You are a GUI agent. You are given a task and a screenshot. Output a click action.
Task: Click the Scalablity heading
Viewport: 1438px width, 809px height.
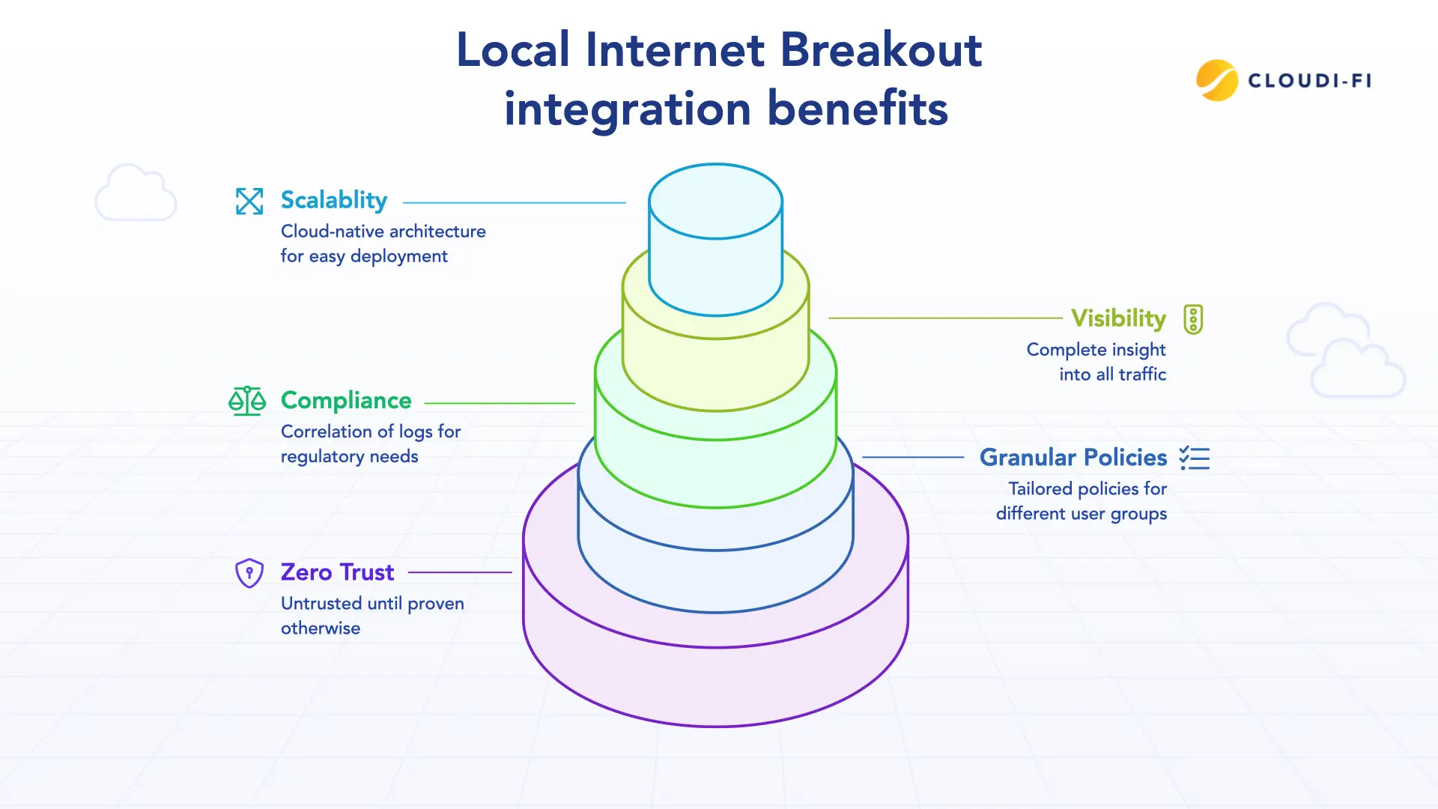coord(334,201)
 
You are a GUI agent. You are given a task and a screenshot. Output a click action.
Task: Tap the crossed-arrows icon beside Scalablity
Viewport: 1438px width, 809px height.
coord(249,201)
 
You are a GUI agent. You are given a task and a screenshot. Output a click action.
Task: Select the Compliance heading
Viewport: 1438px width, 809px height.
coord(346,401)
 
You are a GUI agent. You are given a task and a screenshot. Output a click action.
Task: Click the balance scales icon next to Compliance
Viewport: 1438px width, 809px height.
coord(247,401)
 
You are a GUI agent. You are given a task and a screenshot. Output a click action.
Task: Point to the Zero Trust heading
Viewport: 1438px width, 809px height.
coord(337,572)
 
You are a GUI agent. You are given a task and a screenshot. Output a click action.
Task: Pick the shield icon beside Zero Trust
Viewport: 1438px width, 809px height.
coord(249,573)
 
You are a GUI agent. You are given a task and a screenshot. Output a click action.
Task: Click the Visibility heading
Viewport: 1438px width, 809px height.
coord(1118,318)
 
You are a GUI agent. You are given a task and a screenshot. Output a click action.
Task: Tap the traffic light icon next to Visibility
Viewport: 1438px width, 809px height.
coord(1193,319)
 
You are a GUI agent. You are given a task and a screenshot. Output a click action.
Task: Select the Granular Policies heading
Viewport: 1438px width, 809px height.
coord(1073,458)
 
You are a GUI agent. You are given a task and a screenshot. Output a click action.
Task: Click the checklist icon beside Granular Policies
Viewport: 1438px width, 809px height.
coord(1195,458)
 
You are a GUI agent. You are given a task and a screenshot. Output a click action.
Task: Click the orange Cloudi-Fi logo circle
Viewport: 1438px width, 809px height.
coord(1217,80)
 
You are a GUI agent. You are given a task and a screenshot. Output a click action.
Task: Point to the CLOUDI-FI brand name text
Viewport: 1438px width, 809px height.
coord(1309,81)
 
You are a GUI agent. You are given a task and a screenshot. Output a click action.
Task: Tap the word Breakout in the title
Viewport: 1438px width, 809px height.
coord(881,50)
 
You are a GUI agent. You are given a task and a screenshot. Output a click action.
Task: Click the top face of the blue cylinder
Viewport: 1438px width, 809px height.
coord(715,202)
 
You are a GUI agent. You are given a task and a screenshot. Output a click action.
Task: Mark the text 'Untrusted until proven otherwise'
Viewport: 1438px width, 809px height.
coord(372,616)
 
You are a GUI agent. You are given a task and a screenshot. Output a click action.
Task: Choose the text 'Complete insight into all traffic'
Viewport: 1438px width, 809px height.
coord(1096,362)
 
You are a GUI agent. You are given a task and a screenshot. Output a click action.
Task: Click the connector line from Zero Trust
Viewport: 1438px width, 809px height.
coord(460,572)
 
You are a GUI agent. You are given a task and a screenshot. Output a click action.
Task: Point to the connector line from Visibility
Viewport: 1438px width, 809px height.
coord(945,318)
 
